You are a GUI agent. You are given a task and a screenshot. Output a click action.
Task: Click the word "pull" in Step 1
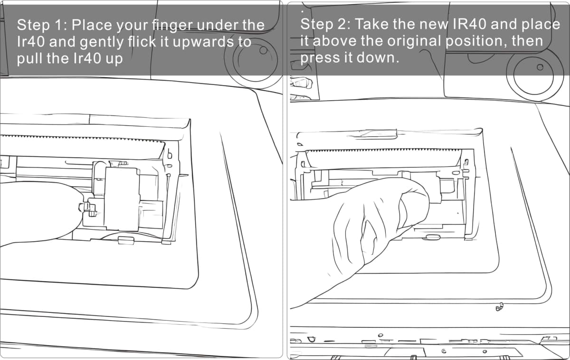[29, 59]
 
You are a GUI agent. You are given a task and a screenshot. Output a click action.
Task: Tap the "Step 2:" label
[325, 24]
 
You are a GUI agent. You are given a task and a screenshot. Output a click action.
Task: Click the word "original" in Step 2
[414, 41]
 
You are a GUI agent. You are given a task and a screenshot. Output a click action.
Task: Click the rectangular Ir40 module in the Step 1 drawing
[123, 199]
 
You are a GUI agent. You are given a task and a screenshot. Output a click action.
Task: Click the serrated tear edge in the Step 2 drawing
[383, 151]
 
